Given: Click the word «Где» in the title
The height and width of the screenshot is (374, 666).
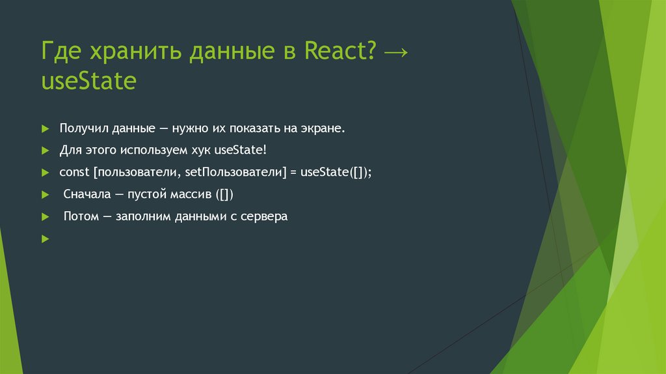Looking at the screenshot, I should (60, 52).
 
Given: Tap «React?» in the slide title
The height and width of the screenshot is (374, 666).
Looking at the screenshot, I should (340, 52).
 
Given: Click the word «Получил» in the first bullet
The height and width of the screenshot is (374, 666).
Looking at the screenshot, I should (83, 128).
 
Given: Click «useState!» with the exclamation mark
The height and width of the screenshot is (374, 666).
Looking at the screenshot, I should (240, 151).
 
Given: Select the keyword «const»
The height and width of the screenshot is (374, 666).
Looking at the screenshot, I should (74, 173).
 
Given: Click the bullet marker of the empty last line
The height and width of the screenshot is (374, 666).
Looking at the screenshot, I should (45, 239).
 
